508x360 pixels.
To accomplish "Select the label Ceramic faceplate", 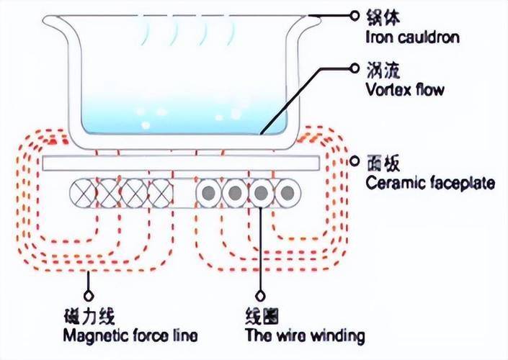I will click(x=430, y=183).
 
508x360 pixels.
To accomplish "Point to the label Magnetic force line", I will click(x=130, y=336).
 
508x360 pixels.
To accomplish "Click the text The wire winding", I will click(x=305, y=336).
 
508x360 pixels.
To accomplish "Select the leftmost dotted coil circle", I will click(x=210, y=193).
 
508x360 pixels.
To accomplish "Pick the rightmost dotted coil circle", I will click(x=288, y=193).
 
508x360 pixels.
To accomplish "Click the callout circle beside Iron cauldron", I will click(x=355, y=14).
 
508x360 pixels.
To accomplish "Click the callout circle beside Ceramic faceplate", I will click(x=355, y=161).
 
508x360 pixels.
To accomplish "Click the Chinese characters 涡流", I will click(x=379, y=71).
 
